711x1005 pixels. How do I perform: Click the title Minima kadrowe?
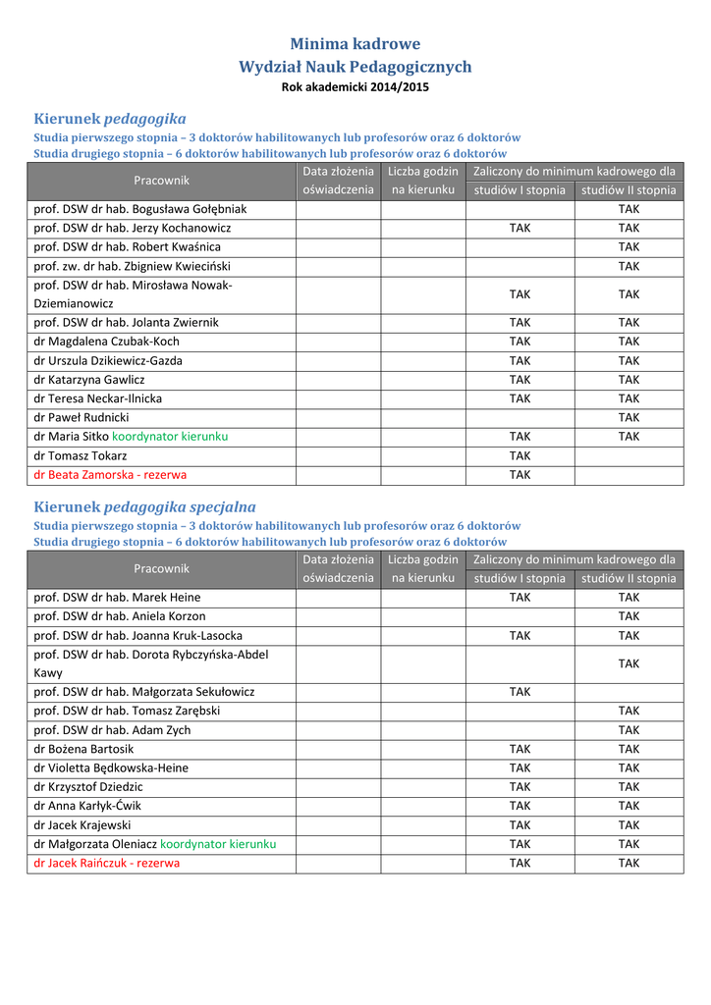click(x=355, y=44)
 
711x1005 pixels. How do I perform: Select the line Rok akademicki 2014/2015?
click(x=355, y=87)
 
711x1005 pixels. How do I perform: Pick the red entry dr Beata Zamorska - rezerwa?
click(x=110, y=475)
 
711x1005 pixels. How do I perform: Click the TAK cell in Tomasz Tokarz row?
click(x=520, y=456)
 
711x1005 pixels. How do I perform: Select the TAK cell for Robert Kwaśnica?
click(x=629, y=247)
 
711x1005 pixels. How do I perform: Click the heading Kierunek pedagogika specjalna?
click(x=144, y=507)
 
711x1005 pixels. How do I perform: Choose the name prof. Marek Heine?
click(x=117, y=598)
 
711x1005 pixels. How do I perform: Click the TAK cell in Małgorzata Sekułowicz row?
click(x=520, y=692)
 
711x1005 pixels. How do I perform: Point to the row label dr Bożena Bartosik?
click(x=83, y=750)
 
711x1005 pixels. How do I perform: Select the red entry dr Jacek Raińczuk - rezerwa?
click(x=107, y=864)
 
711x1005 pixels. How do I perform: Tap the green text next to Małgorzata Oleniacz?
click(x=218, y=844)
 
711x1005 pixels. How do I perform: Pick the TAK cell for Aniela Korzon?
click(x=629, y=616)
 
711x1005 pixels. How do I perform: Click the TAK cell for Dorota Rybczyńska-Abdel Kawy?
click(x=629, y=664)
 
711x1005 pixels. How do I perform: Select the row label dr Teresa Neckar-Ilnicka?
click(x=98, y=399)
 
